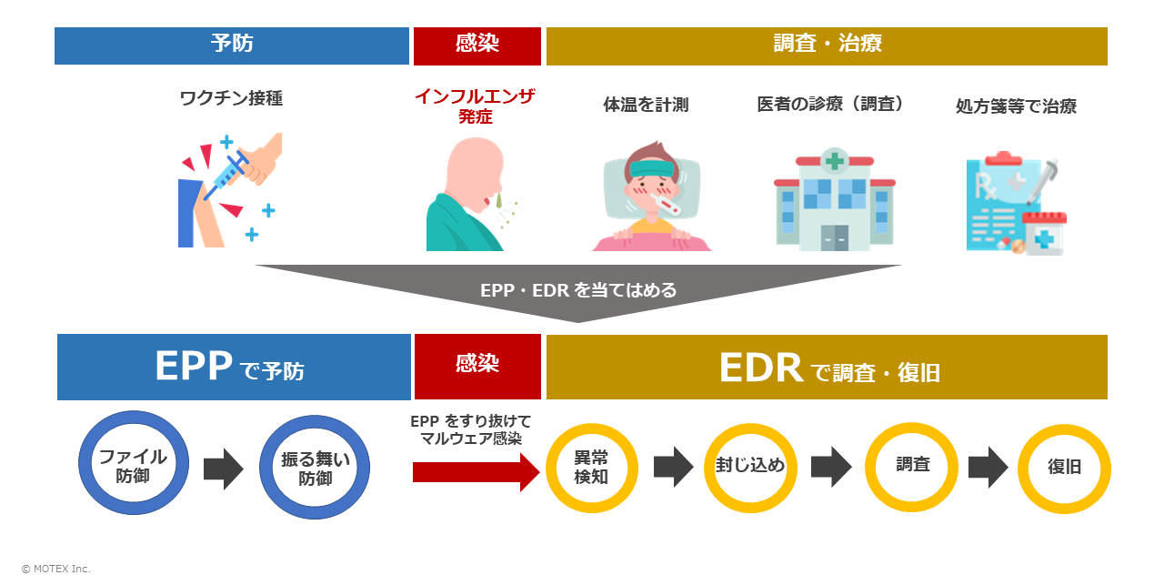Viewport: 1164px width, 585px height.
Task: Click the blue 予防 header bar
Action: (232, 45)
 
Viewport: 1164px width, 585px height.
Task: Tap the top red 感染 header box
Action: (477, 45)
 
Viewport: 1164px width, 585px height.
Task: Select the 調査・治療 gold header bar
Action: (827, 45)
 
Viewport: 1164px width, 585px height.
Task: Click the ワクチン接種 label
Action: (231, 98)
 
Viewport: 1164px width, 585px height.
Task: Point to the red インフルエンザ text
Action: (475, 96)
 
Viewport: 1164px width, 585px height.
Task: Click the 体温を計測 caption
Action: (646, 105)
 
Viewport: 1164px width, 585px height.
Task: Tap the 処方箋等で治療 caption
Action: (1016, 106)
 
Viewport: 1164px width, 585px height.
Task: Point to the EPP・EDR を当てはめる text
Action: (578, 290)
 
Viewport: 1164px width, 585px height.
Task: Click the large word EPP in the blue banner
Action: (196, 367)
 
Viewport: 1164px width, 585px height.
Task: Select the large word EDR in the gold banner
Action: (760, 368)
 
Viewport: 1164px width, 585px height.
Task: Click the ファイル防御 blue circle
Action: (133, 465)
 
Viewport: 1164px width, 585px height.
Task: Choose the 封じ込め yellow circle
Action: (749, 467)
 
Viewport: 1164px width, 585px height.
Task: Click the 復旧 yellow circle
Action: (1064, 468)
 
